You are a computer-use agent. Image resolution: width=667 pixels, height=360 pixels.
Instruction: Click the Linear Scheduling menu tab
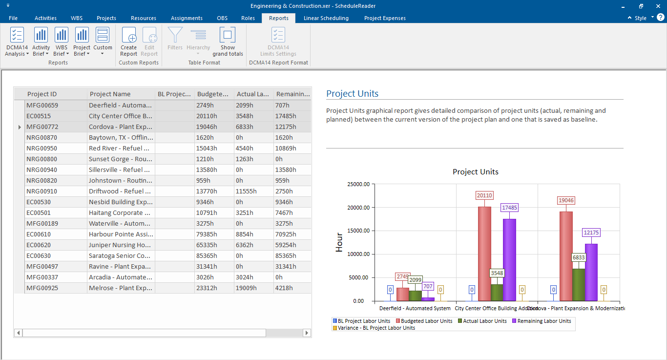[326, 18]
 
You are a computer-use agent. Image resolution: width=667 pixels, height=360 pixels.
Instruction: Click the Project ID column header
[42, 94]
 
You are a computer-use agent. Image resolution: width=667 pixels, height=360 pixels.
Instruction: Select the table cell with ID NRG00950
[42, 148]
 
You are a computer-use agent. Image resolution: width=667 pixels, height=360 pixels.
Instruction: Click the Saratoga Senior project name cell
[120, 255]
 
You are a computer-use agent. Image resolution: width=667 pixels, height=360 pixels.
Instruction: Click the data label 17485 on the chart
[509, 208]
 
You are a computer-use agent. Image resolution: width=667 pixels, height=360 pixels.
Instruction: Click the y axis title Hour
[339, 242]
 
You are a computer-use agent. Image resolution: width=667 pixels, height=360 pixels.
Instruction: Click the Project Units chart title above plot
[475, 172]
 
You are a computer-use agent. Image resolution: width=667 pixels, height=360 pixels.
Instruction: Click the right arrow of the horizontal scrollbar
[307, 333]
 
